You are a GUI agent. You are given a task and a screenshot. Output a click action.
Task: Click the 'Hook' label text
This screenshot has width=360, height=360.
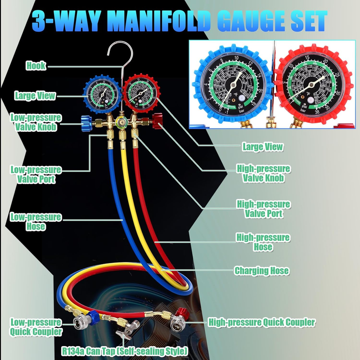(36, 66)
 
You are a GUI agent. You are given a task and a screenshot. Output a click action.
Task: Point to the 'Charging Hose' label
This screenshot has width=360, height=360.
(261, 271)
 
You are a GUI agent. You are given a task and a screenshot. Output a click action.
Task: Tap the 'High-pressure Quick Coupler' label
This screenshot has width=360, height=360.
(261, 322)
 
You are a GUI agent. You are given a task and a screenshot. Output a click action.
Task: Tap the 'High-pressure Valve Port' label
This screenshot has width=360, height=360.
(263, 209)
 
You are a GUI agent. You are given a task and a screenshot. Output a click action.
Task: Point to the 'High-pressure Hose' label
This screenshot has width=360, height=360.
(263, 242)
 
